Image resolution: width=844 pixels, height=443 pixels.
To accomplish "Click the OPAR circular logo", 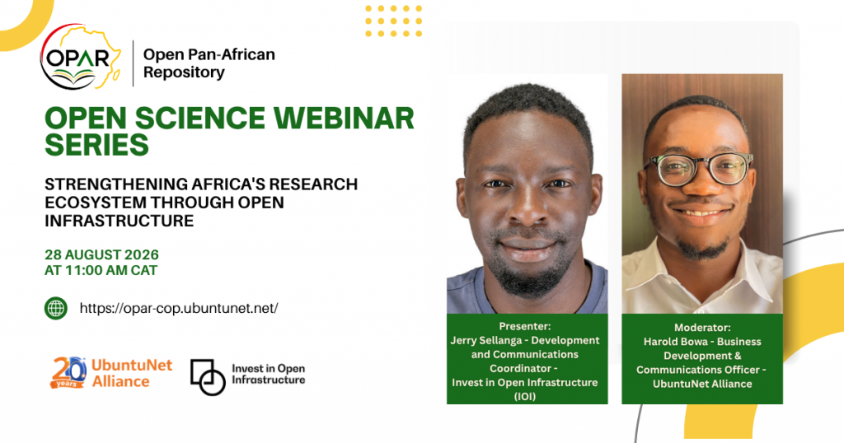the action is coord(81,57).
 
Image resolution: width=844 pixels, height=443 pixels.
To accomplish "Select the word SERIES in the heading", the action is coord(97,145).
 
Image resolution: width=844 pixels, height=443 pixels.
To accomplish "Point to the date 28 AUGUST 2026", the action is coord(101,254).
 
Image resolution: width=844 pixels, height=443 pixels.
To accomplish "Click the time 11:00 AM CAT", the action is coord(111,270).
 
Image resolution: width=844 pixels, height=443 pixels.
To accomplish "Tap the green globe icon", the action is coord(56,309).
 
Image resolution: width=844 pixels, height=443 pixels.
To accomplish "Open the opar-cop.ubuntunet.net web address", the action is coord(179,308).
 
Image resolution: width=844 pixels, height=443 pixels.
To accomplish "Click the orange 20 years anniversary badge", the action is coord(69,372).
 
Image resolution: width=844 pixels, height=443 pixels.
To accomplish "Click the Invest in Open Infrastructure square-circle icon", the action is coord(208,377).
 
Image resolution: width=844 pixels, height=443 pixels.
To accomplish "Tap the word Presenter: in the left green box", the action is coord(525,326).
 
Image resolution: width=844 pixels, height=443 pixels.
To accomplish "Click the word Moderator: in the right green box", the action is coord(702,328).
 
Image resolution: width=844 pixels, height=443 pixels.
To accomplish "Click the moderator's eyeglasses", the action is coord(699,169).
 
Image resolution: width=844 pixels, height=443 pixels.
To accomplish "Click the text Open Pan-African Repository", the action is coord(209,63).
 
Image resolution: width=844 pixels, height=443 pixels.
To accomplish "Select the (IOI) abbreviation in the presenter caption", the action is coord(525,397).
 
